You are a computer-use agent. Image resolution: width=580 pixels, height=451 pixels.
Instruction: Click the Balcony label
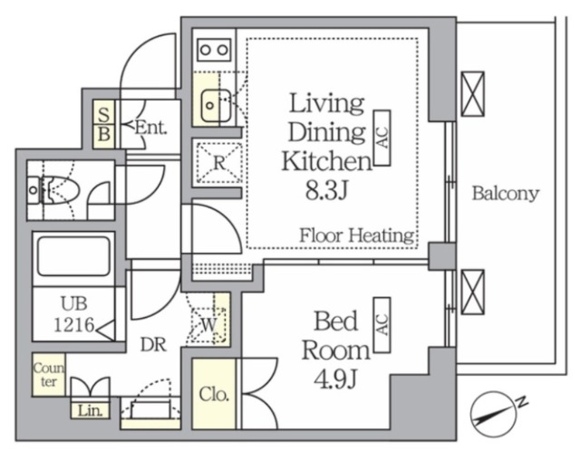506,193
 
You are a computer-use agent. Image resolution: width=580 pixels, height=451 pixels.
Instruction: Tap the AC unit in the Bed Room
382,325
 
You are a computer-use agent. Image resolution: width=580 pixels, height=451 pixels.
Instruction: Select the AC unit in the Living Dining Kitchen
382,138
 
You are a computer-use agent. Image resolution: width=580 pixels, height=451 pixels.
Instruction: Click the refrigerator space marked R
219,162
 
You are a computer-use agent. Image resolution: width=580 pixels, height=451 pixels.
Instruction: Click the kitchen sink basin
216,106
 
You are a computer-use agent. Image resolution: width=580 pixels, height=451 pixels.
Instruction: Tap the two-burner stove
214,50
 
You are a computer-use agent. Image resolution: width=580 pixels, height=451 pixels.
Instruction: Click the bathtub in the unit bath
74,256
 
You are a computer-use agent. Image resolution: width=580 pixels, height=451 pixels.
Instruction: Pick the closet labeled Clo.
214,395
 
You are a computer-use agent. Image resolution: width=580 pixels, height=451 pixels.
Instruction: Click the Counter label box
49,375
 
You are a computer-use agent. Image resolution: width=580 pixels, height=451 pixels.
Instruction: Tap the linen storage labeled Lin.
91,410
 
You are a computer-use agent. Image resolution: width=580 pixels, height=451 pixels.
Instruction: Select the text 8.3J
326,191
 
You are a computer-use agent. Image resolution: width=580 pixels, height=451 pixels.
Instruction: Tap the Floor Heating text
356,235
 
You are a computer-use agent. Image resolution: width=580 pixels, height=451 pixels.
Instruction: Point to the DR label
153,344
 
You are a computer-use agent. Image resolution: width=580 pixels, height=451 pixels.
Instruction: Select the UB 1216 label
74,314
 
